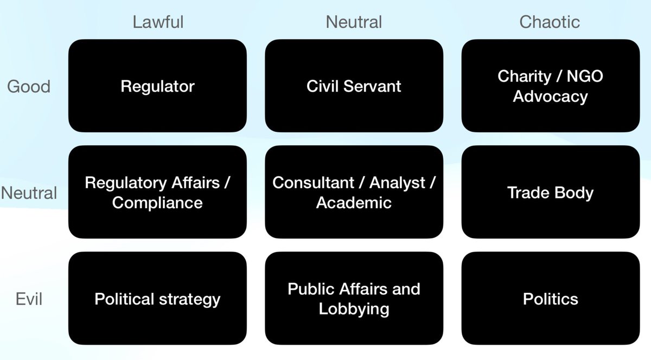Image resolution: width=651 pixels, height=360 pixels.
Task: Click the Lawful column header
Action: [158, 22]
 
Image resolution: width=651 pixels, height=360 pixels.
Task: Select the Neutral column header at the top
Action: [354, 22]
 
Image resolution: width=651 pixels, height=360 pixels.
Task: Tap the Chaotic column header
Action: [550, 22]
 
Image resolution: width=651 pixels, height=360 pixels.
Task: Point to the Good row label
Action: [29, 86]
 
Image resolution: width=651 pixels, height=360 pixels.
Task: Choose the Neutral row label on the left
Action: [29, 192]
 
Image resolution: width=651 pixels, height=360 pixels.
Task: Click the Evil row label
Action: [29, 299]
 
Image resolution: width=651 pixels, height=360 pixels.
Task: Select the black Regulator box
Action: [157, 86]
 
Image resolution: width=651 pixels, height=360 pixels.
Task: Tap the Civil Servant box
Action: [354, 86]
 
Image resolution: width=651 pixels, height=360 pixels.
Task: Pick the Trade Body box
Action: [550, 192]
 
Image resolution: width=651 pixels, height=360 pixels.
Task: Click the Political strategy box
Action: [157, 299]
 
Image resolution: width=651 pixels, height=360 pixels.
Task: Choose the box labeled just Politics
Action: [550, 299]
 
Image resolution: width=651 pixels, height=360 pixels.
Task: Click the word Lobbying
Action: [354, 309]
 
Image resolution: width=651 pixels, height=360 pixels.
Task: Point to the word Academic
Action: [354, 203]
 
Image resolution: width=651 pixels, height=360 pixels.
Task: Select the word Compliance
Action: [157, 203]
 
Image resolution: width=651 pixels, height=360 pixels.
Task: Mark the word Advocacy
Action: [550, 97]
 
